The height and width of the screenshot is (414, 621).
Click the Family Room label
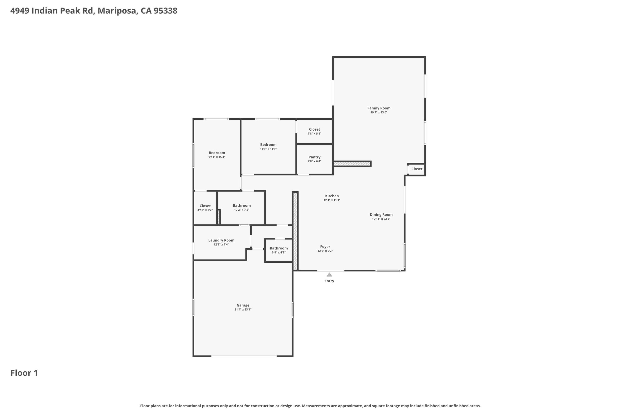point(379,108)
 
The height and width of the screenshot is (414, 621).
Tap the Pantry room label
point(314,157)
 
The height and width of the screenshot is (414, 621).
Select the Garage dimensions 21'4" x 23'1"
point(243,310)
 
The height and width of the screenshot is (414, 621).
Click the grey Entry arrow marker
point(329,275)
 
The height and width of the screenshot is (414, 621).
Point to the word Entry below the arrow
point(329,281)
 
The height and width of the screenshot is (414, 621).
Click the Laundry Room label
point(221,240)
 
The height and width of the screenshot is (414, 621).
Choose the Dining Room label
point(381,215)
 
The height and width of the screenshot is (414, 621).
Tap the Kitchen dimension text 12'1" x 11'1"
point(332,200)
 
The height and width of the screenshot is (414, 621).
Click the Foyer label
point(325,247)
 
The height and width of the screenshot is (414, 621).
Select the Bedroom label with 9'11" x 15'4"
point(217,153)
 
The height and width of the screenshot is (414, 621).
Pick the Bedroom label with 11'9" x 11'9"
point(268,145)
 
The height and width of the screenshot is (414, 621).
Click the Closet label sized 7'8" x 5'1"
point(314,129)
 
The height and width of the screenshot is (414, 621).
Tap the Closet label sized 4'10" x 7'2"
point(205,206)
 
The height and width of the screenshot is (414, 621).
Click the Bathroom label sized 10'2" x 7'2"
point(242,206)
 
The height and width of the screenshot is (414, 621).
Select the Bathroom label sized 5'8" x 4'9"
point(279,248)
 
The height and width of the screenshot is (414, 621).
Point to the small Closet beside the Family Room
point(417,169)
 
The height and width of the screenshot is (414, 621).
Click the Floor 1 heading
point(24,373)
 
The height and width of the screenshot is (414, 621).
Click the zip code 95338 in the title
point(165,11)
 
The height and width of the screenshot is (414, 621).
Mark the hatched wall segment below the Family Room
point(352,164)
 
